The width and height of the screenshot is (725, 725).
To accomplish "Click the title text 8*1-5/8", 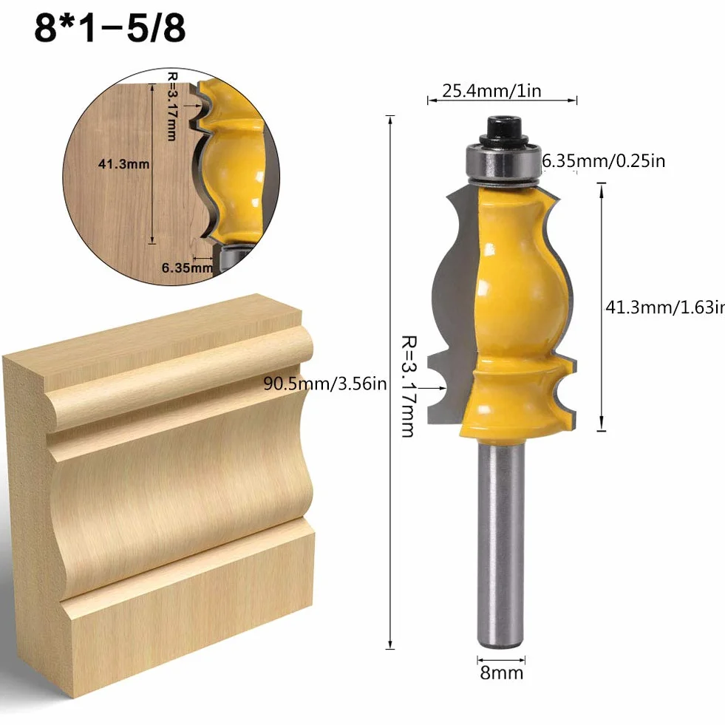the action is (x=110, y=28).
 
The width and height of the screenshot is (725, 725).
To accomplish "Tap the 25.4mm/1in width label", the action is (x=491, y=91).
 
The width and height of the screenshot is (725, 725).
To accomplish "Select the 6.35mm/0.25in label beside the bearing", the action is (x=603, y=161).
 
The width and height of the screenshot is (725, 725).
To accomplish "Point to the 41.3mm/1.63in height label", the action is (x=665, y=307).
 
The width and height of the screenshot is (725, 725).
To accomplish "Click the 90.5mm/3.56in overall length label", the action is (x=325, y=384).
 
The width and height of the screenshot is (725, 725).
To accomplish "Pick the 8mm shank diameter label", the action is (x=502, y=673).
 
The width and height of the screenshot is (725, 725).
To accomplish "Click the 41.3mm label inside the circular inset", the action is (x=123, y=163).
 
